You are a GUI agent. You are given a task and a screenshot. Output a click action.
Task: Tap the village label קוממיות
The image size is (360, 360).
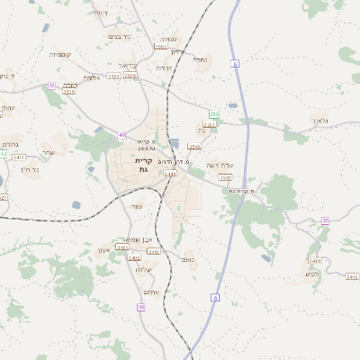coord(61,54)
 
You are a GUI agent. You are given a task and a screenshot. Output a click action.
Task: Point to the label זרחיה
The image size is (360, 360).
coord(101,13)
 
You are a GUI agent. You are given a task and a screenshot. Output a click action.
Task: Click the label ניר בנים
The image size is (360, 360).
coord(120,36)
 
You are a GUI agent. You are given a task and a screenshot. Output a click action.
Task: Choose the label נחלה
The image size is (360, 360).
coord(200,59)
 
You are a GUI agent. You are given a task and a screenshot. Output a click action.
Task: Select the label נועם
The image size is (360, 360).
coord(188,260)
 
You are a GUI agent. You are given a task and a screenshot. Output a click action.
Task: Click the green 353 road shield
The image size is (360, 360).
coord(213,114)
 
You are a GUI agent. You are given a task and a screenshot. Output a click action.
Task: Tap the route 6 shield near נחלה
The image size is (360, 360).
coord(234,64)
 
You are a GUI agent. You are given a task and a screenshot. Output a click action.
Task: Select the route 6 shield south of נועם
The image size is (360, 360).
coord(214,298)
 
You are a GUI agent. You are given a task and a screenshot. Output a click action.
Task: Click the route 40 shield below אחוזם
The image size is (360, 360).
coord(141,307)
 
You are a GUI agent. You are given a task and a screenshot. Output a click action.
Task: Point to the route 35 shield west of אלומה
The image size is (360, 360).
coord(52,85)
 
